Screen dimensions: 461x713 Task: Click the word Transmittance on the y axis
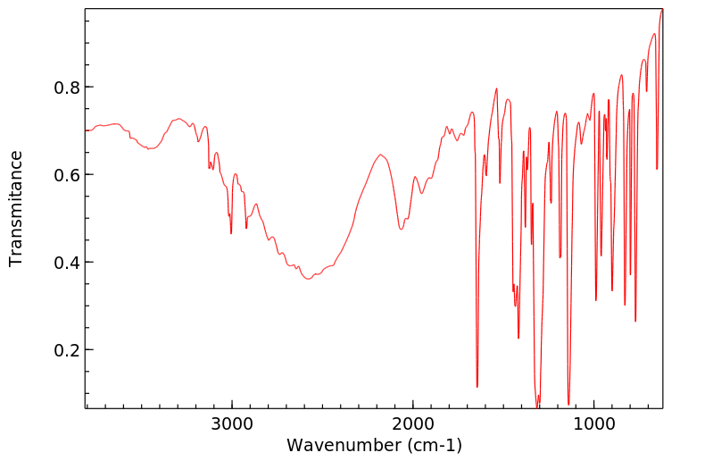[x=16, y=208]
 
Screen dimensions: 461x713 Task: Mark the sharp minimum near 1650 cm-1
[x=477, y=387]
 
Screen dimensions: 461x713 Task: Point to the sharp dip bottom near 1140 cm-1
[x=568, y=404]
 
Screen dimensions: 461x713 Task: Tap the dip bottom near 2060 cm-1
[x=402, y=230]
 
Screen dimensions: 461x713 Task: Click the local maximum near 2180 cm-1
[x=381, y=155]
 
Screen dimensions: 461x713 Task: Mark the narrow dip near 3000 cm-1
[x=231, y=233]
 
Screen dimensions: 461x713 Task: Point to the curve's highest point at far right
[x=661, y=10]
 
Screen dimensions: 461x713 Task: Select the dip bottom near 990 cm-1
[x=596, y=300]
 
